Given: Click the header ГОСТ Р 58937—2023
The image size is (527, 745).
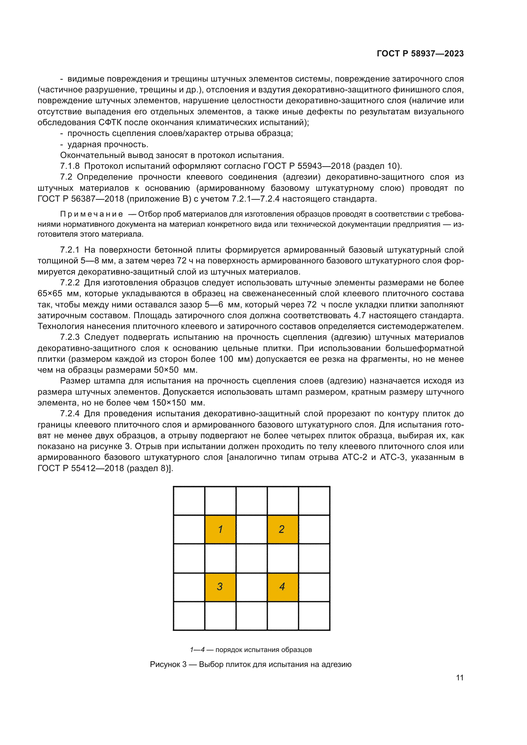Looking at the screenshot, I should tap(420, 54).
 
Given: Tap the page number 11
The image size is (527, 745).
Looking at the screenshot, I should tap(459, 677).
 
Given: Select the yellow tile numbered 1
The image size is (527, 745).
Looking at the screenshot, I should tap(220, 529).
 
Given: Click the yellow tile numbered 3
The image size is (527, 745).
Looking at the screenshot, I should tap(220, 586).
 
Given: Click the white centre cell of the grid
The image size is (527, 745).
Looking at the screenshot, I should tap(251, 558).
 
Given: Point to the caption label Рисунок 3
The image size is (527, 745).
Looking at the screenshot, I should tap(168, 664).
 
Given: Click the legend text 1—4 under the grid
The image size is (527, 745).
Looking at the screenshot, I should tap(197, 649).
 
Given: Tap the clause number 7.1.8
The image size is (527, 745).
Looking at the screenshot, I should tap(70, 166).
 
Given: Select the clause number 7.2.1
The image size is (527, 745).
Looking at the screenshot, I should tap(70, 250).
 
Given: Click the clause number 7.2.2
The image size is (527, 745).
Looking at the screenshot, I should tap(70, 283).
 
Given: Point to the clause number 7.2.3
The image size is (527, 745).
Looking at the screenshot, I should tap(70, 337).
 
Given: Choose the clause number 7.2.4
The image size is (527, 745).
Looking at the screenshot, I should tap(70, 414).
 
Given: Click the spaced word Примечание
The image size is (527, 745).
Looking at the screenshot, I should tap(91, 214).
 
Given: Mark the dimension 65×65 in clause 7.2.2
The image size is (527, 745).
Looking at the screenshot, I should tap(50, 294).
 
